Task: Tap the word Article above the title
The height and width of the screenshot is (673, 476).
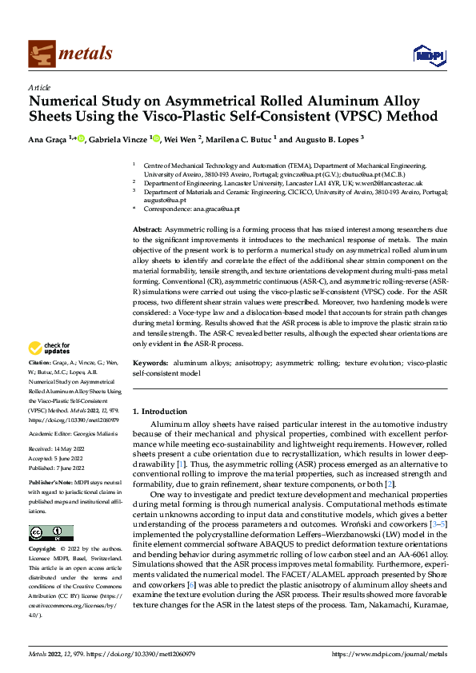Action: pos(39,87)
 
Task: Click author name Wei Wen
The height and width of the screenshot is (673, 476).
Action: pos(179,139)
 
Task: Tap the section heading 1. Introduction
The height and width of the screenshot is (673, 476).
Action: pos(160,411)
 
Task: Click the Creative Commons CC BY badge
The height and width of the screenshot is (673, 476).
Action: pos(50,533)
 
